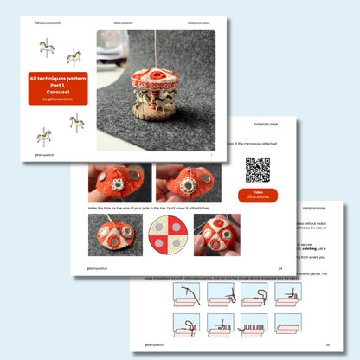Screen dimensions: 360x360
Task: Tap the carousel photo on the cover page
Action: pyautogui.click(x=155, y=90)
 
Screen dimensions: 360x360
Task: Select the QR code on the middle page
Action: pyautogui.click(x=257, y=169)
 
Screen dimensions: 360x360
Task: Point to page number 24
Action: pyautogui.click(x=280, y=268)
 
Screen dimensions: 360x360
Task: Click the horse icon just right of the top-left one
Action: pyautogui.click(x=76, y=58)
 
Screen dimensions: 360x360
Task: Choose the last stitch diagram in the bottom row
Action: pyautogui.click(x=312, y=328)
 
